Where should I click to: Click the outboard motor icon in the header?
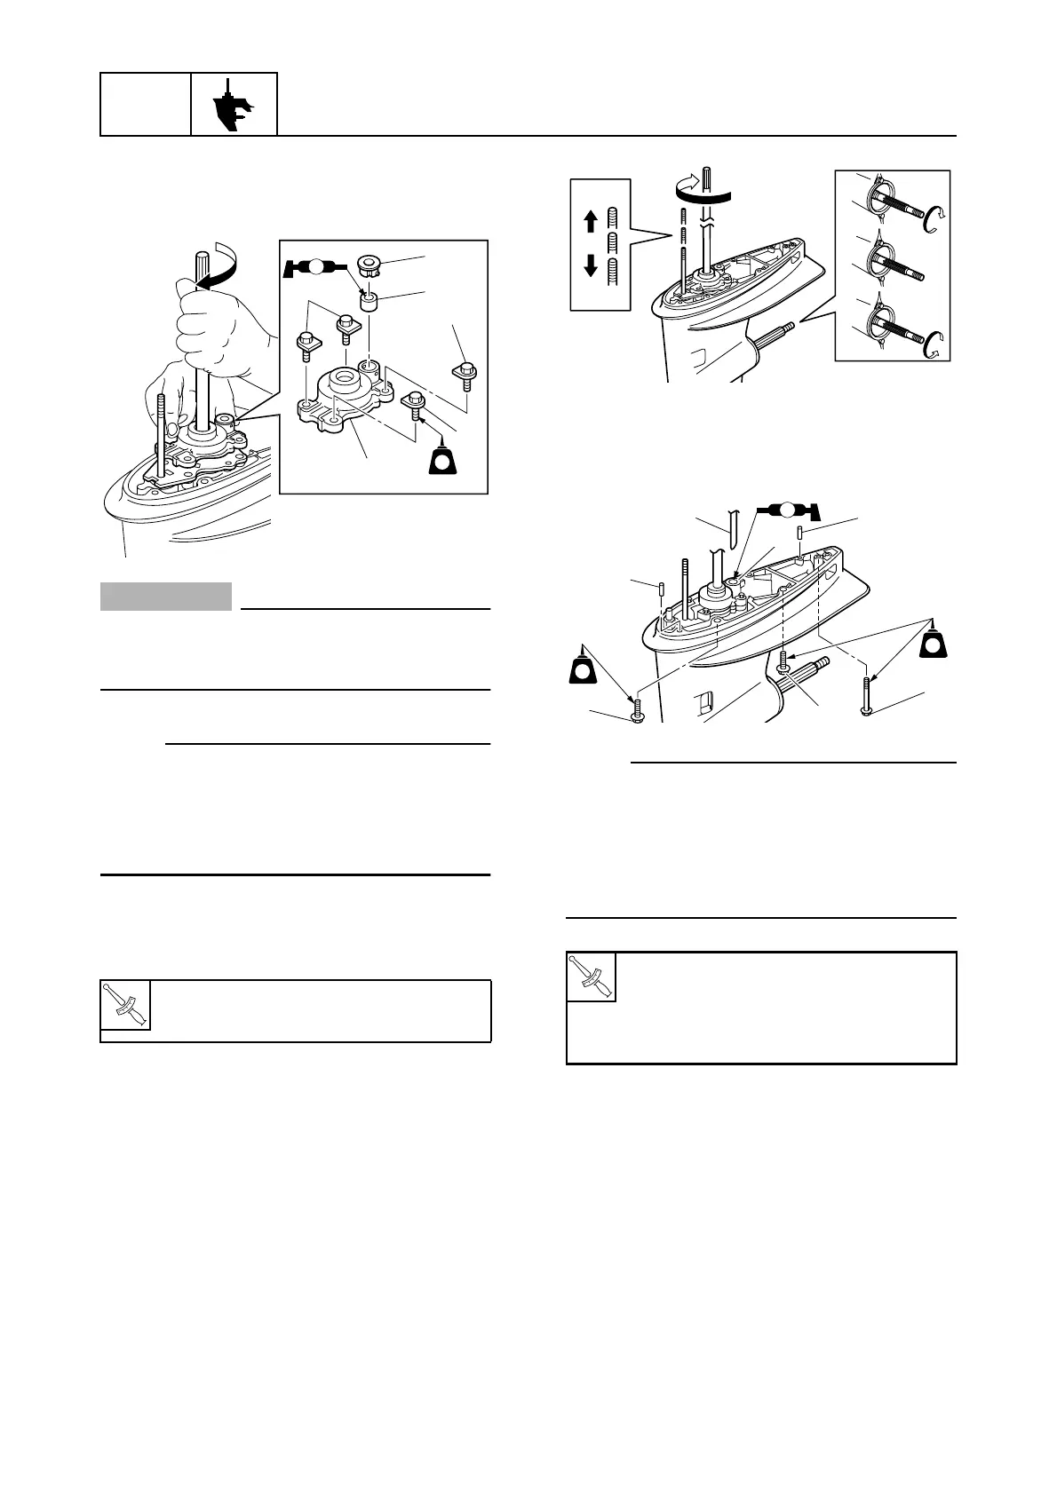234,105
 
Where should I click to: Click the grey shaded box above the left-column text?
166,597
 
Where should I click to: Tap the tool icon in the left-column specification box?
125,1006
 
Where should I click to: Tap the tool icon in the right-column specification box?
592,977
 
